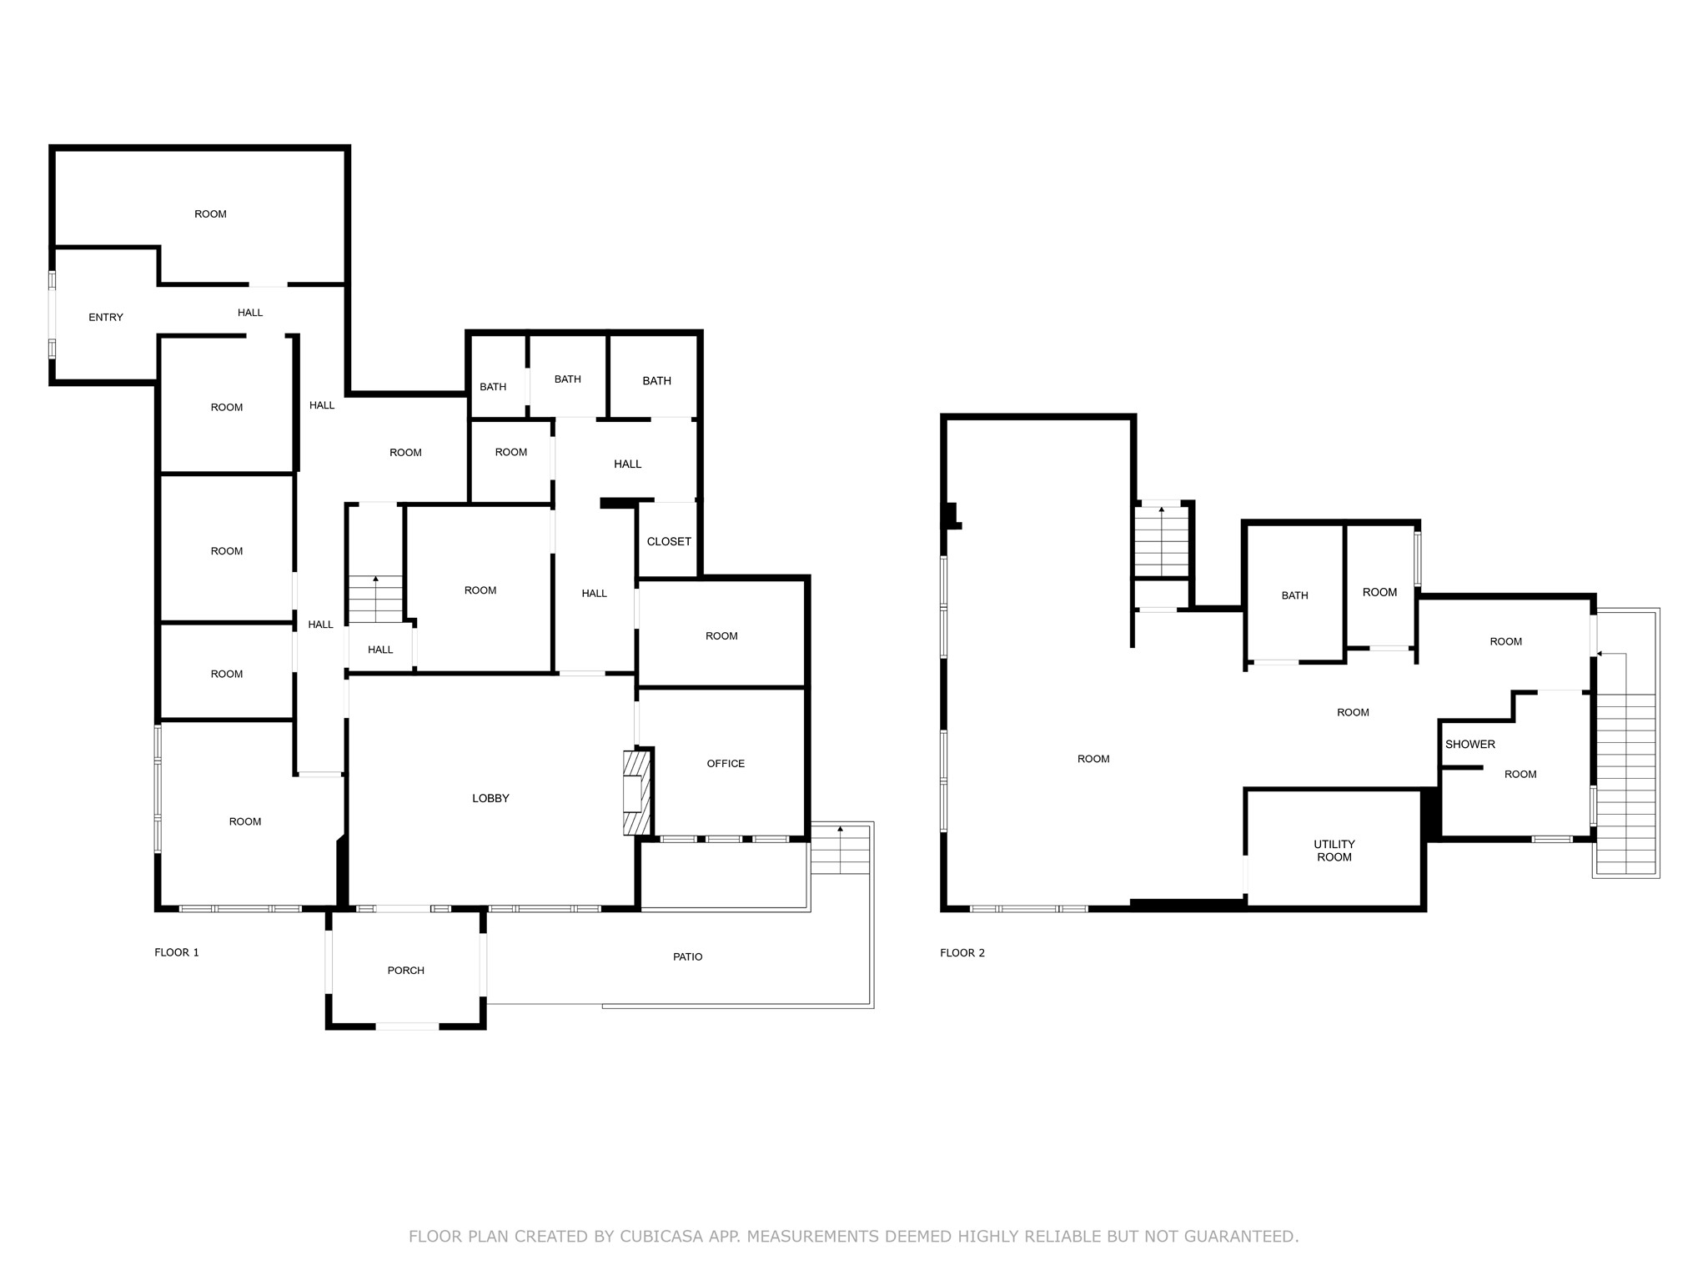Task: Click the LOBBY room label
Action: tap(490, 799)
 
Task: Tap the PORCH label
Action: tap(406, 971)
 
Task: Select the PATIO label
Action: tap(688, 957)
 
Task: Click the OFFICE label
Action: tap(726, 764)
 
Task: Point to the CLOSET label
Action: tap(669, 542)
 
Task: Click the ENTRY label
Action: tap(106, 318)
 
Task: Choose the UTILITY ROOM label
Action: tap(1334, 851)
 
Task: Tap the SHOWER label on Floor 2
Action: tap(1470, 745)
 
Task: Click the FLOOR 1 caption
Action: tap(177, 952)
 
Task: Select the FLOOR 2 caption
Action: tap(962, 952)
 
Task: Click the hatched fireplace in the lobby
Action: tap(635, 793)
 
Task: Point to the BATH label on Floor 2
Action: tap(1295, 595)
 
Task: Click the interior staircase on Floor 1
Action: tap(375, 599)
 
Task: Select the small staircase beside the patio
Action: tap(840, 850)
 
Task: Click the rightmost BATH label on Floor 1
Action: tap(657, 381)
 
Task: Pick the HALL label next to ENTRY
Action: tap(250, 313)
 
